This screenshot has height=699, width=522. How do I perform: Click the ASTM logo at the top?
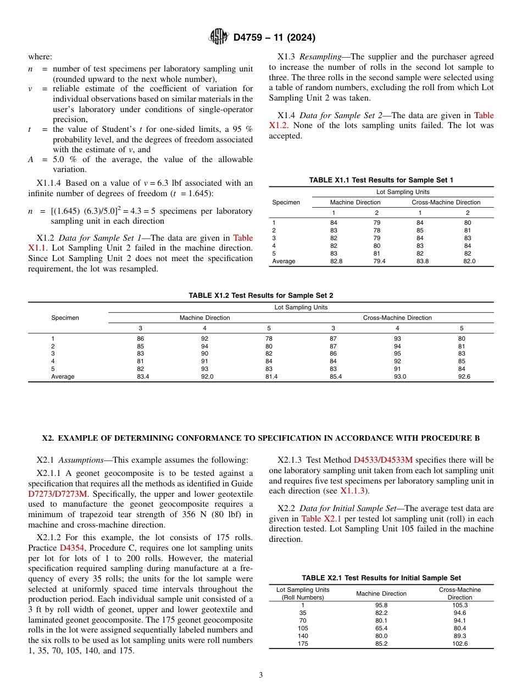pos(219,37)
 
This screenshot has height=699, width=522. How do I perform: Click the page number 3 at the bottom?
pos(261,675)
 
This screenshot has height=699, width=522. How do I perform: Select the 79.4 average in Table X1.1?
pos(379,262)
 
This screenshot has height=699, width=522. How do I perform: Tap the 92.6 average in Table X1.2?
pos(461,377)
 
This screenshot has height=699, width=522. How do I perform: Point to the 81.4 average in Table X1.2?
pos(269,377)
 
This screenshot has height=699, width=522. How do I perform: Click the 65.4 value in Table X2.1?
pos(381,628)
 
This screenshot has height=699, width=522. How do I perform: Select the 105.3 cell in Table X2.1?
pos(459,605)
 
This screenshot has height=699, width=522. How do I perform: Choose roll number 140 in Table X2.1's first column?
pos(303,636)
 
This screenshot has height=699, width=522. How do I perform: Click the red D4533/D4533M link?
pos(383,460)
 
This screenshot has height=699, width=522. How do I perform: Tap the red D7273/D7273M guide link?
pos(58,493)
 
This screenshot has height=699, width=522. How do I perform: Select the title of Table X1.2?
pos(260,296)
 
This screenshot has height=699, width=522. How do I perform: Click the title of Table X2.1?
pos(381,578)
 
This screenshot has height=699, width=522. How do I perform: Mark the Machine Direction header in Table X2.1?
pos(381,593)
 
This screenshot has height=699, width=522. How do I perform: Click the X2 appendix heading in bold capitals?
pos(261,438)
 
